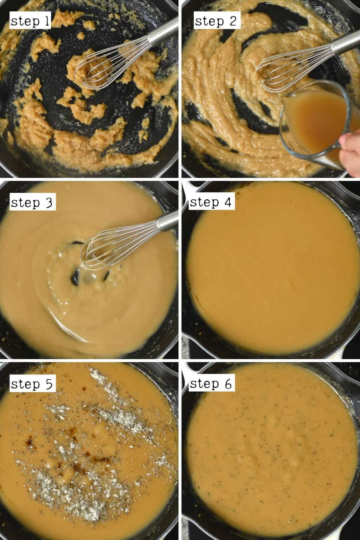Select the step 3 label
pyautogui.click(x=32, y=203)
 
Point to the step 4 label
pyautogui.click(x=211, y=203)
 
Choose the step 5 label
pyautogui.click(x=32, y=384)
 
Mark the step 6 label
pyautogui.click(x=211, y=384)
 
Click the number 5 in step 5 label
pyautogui.click(x=49, y=384)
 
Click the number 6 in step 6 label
pyautogui.click(x=228, y=384)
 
